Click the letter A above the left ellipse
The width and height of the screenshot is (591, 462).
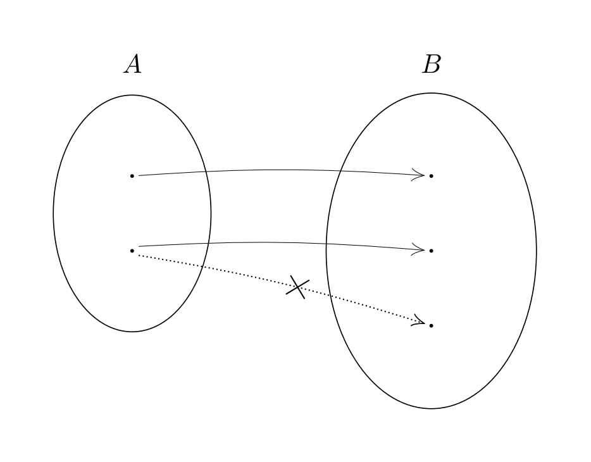click(132, 65)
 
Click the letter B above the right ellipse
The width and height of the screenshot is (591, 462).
click(432, 65)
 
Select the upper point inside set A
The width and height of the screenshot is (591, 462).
click(132, 175)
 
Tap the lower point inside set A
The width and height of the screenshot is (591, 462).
click(132, 251)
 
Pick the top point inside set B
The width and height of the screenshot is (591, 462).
click(431, 175)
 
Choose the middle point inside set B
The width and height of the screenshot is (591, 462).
click(431, 251)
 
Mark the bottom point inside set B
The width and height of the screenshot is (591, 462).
click(431, 325)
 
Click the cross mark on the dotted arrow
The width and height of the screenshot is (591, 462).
click(297, 287)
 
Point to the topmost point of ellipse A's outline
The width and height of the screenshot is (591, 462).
click(132, 95)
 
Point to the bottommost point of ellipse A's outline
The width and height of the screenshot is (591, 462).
click(132, 332)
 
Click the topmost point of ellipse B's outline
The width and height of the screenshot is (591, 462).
click(431, 93)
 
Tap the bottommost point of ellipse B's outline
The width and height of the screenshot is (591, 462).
click(431, 409)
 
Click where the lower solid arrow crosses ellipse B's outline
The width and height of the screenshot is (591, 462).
click(327, 244)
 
